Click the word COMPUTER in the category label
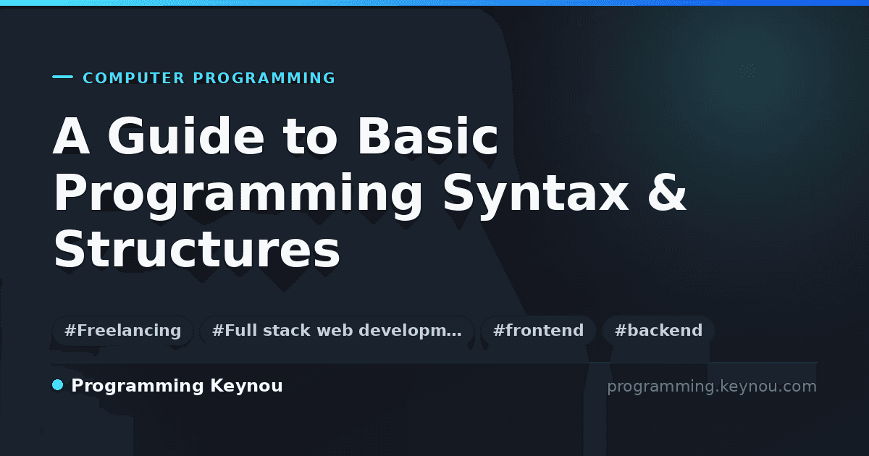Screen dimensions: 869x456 coord(133,78)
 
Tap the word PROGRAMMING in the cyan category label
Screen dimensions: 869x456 coord(264,78)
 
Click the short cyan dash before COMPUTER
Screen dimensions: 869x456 coord(62,77)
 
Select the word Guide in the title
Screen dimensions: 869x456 coord(186,136)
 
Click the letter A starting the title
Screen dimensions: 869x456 coord(72,136)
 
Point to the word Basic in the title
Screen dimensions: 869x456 coord(427,136)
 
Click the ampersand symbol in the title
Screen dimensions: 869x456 coord(667,193)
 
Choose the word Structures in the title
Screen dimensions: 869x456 coord(197,248)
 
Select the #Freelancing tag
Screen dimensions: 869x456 coord(122,330)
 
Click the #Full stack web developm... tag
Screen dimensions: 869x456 coord(337,330)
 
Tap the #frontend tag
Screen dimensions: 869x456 coord(538,330)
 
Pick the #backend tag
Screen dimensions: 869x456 coord(658,330)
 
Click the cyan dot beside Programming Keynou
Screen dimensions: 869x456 coord(58,385)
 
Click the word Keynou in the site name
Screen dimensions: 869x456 coord(246,387)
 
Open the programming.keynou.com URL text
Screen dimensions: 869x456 coord(712,387)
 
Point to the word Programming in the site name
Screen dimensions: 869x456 coord(138,387)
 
